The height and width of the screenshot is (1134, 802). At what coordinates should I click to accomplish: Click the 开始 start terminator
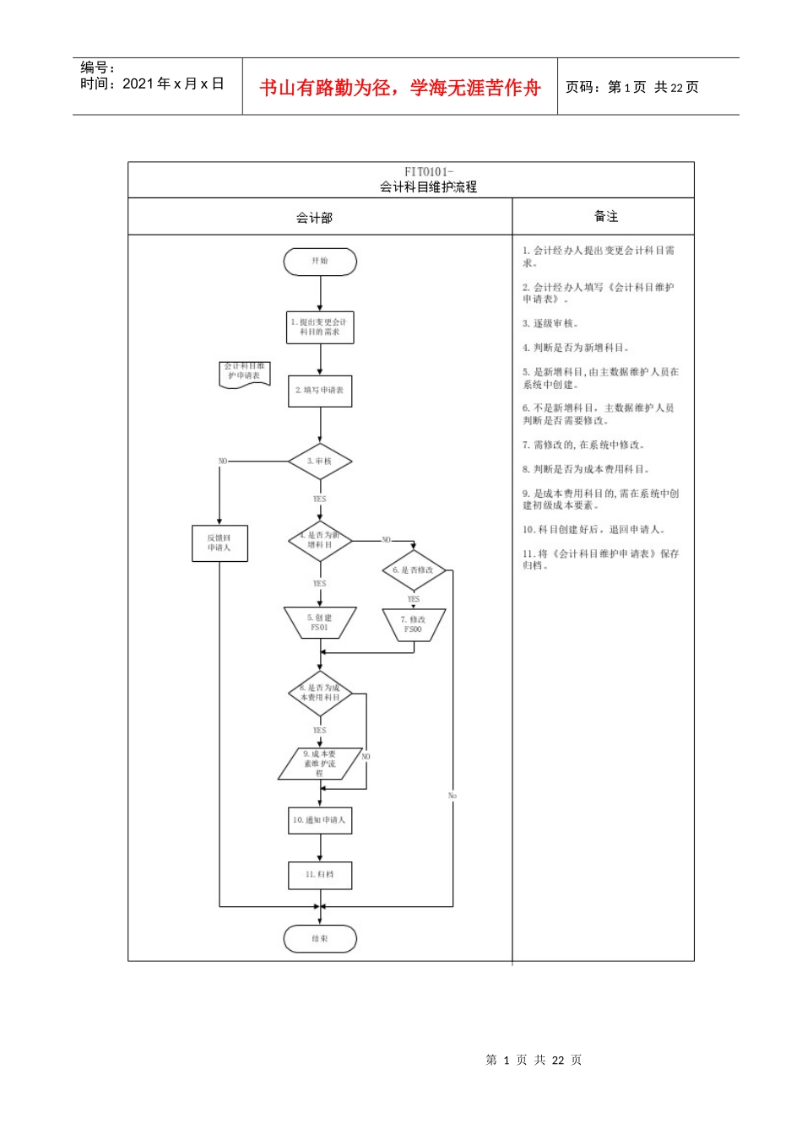pyautogui.click(x=320, y=262)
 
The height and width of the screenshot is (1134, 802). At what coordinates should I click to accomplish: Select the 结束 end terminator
pyautogui.click(x=320, y=939)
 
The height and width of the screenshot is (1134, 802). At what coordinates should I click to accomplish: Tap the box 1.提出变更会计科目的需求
pyautogui.click(x=320, y=327)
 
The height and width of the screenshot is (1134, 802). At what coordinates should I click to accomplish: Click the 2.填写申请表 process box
pyautogui.click(x=320, y=391)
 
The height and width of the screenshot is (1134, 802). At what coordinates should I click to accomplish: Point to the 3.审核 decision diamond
pyautogui.click(x=320, y=462)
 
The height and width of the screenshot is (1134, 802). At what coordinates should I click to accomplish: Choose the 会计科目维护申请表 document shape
pyautogui.click(x=245, y=373)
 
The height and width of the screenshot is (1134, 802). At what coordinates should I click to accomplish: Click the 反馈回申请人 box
pyautogui.click(x=219, y=543)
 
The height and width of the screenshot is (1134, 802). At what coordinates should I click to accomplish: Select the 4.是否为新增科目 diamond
pyautogui.click(x=320, y=541)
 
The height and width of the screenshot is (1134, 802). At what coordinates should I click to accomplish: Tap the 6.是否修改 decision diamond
pyautogui.click(x=414, y=570)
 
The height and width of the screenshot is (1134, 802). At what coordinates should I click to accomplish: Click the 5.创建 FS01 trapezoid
pyautogui.click(x=320, y=623)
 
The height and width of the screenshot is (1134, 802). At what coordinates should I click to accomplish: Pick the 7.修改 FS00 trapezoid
pyautogui.click(x=414, y=624)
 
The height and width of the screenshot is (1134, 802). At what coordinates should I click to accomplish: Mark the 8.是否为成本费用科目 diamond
pyautogui.click(x=320, y=694)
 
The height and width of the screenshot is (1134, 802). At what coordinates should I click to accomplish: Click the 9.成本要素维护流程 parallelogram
pyautogui.click(x=320, y=764)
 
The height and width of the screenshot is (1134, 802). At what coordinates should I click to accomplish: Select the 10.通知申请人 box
pyautogui.click(x=320, y=820)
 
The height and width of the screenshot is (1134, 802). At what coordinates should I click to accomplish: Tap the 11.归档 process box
pyautogui.click(x=320, y=875)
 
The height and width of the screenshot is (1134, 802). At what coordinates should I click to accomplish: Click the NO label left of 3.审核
pyautogui.click(x=223, y=462)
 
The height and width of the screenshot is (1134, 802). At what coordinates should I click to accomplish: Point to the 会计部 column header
pyautogui.click(x=314, y=218)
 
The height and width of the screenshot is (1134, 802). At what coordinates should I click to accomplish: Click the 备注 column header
pyautogui.click(x=606, y=217)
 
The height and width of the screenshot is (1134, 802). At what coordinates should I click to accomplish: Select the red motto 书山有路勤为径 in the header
pyautogui.click(x=400, y=88)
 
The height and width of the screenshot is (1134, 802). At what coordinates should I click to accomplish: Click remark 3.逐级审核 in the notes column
pyautogui.click(x=550, y=324)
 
